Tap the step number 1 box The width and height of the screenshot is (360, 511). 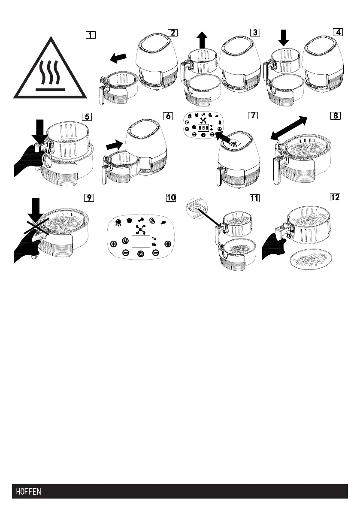tap(91, 35)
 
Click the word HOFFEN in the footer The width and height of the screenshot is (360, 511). tap(29, 491)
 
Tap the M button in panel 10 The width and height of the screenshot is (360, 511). tap(125, 240)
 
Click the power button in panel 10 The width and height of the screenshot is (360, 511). tap(140, 254)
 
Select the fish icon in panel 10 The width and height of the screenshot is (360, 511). tap(163, 222)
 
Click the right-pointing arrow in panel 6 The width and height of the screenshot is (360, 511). tap(114, 145)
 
